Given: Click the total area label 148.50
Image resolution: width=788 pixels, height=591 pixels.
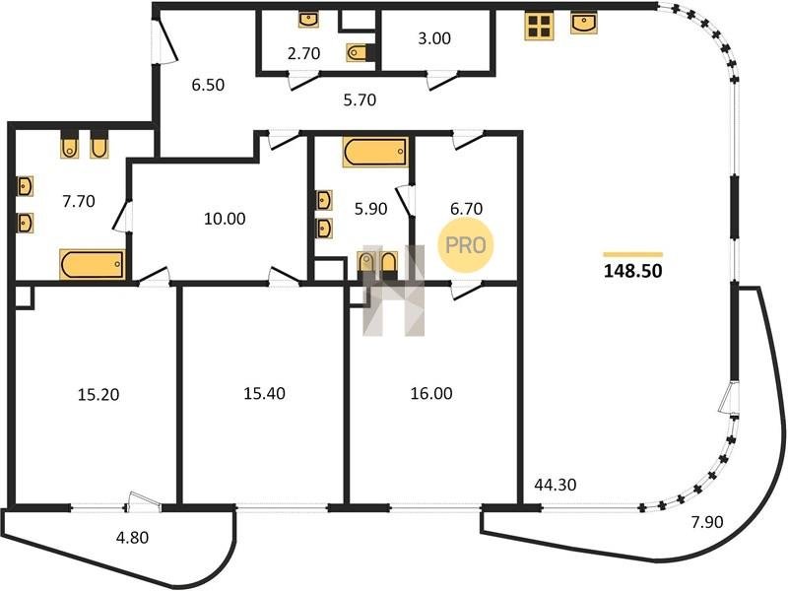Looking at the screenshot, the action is click(632, 271).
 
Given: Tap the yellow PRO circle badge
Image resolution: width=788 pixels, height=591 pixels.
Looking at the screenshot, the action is click(466, 245).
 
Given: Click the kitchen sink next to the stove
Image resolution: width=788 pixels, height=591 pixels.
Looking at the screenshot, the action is click(584, 23).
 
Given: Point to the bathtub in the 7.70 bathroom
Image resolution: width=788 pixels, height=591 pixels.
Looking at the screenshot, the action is click(93, 264).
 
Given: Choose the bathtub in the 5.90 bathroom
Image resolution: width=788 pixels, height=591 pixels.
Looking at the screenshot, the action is click(375, 152).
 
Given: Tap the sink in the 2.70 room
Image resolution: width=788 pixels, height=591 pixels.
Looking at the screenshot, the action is click(308, 20).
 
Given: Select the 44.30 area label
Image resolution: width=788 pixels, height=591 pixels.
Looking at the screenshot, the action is click(556, 485).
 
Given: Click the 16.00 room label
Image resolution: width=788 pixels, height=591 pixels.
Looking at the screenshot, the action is click(431, 393).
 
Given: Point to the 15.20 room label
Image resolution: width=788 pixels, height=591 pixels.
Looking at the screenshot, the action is click(98, 395).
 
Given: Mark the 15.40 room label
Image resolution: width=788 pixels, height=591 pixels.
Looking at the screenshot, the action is click(264, 393).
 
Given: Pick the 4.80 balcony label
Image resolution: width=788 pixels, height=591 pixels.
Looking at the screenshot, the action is click(132, 537).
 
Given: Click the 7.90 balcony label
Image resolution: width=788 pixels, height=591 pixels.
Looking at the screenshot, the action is click(707, 522).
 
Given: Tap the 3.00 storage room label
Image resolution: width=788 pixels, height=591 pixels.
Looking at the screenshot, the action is click(434, 38).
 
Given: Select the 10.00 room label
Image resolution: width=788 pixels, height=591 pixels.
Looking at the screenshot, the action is click(225, 219).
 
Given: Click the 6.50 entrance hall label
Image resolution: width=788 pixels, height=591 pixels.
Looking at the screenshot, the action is click(208, 85).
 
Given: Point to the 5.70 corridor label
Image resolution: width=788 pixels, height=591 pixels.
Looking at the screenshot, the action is click(360, 100).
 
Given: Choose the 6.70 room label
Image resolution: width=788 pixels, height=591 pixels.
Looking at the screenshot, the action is click(466, 208).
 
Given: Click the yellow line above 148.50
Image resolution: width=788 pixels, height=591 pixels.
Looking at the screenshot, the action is click(632, 255).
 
